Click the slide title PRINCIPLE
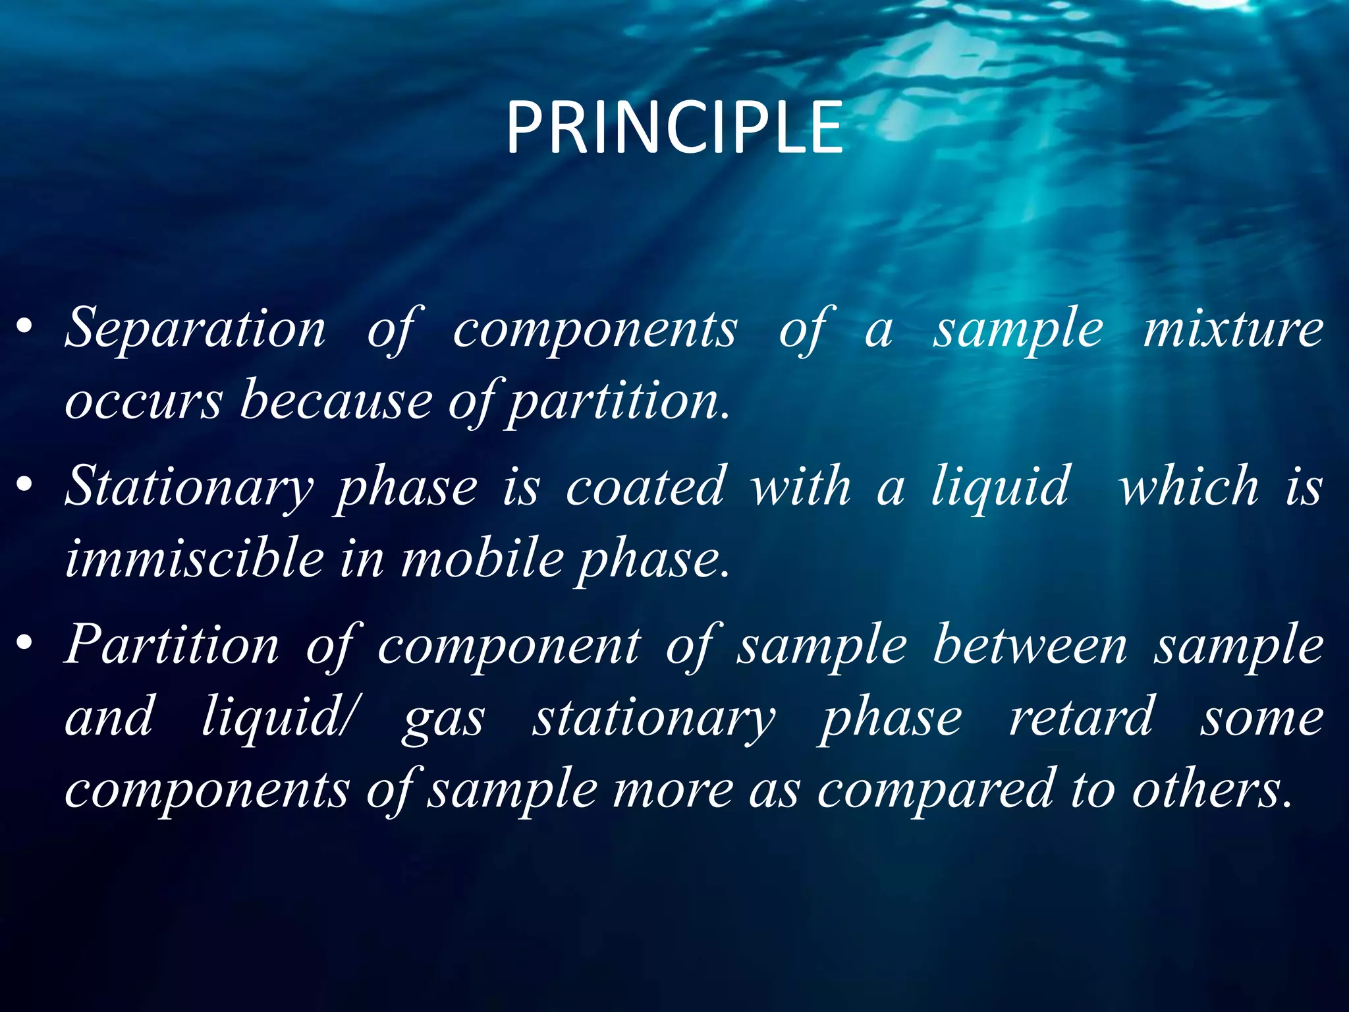tap(674, 128)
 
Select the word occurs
tap(144, 401)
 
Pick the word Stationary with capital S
tap(190, 488)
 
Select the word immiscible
tap(195, 559)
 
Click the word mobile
tap(483, 559)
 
